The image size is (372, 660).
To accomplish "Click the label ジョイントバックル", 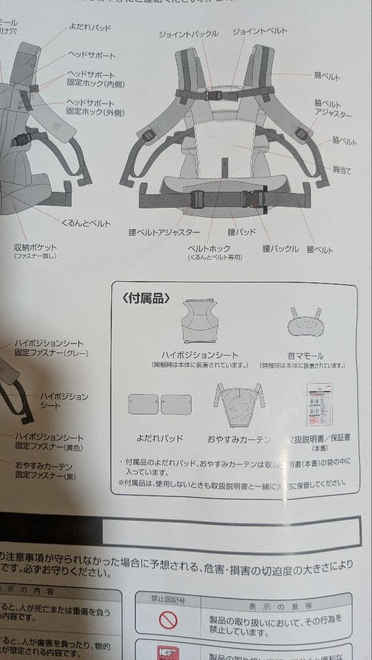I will pyautogui.click(x=188, y=34).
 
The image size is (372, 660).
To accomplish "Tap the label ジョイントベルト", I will pyautogui.click(x=260, y=31).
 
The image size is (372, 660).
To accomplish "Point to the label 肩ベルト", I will pyautogui.click(x=327, y=77).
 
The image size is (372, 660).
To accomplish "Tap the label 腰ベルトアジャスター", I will pyautogui.click(x=164, y=232).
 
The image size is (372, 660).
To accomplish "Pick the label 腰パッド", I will pyautogui.click(x=242, y=232).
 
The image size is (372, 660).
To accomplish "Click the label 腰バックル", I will pyautogui.click(x=280, y=249).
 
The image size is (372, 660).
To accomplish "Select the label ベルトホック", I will pyautogui.click(x=209, y=249).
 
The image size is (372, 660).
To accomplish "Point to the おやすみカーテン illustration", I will pyautogui.click(x=238, y=406).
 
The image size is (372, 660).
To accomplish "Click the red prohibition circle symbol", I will pyautogui.click(x=168, y=621).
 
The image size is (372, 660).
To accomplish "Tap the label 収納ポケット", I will pyautogui.click(x=35, y=248).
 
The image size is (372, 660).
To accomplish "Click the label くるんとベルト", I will pyautogui.click(x=86, y=224).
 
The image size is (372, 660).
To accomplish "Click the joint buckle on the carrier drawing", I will pyautogui.click(x=212, y=94).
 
